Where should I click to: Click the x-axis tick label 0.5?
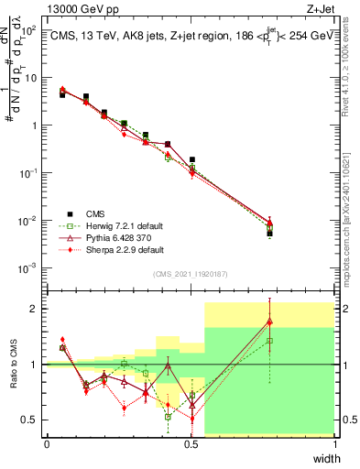pyautogui.click(x=191, y=445)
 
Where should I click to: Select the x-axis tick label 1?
pyautogui.click(x=335, y=445)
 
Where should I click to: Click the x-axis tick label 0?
pyautogui.click(x=47, y=445)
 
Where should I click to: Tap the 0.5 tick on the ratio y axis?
pyautogui.click(x=29, y=420)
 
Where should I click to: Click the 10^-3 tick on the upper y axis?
pyautogui.click(x=27, y=268)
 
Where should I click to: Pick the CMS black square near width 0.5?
pyautogui.click(x=191, y=159)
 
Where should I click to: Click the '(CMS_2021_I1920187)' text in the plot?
pyautogui.click(x=191, y=273)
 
